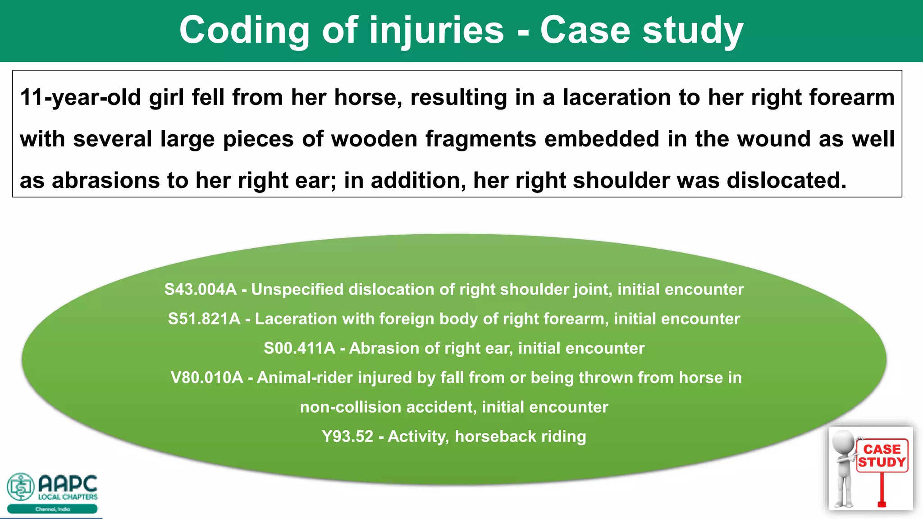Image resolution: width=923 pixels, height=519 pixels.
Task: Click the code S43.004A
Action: tap(200, 289)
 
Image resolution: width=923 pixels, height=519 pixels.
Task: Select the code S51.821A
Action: tap(204, 319)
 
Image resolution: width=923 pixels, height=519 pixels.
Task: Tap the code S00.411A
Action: tap(299, 348)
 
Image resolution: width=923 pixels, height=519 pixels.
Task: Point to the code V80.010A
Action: tap(207, 378)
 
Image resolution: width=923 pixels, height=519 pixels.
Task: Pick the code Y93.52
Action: tap(347, 437)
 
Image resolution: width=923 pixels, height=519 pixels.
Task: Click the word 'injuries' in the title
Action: tap(436, 31)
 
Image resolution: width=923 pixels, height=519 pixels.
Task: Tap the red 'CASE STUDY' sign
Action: tap(882, 456)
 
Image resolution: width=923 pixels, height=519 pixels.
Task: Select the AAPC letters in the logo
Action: tap(68, 484)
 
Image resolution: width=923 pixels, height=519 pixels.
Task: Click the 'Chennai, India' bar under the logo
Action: tap(52, 509)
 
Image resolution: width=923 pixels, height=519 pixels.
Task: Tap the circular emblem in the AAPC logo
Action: tap(21, 487)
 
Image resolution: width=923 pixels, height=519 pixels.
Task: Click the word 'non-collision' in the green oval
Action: tap(351, 407)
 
